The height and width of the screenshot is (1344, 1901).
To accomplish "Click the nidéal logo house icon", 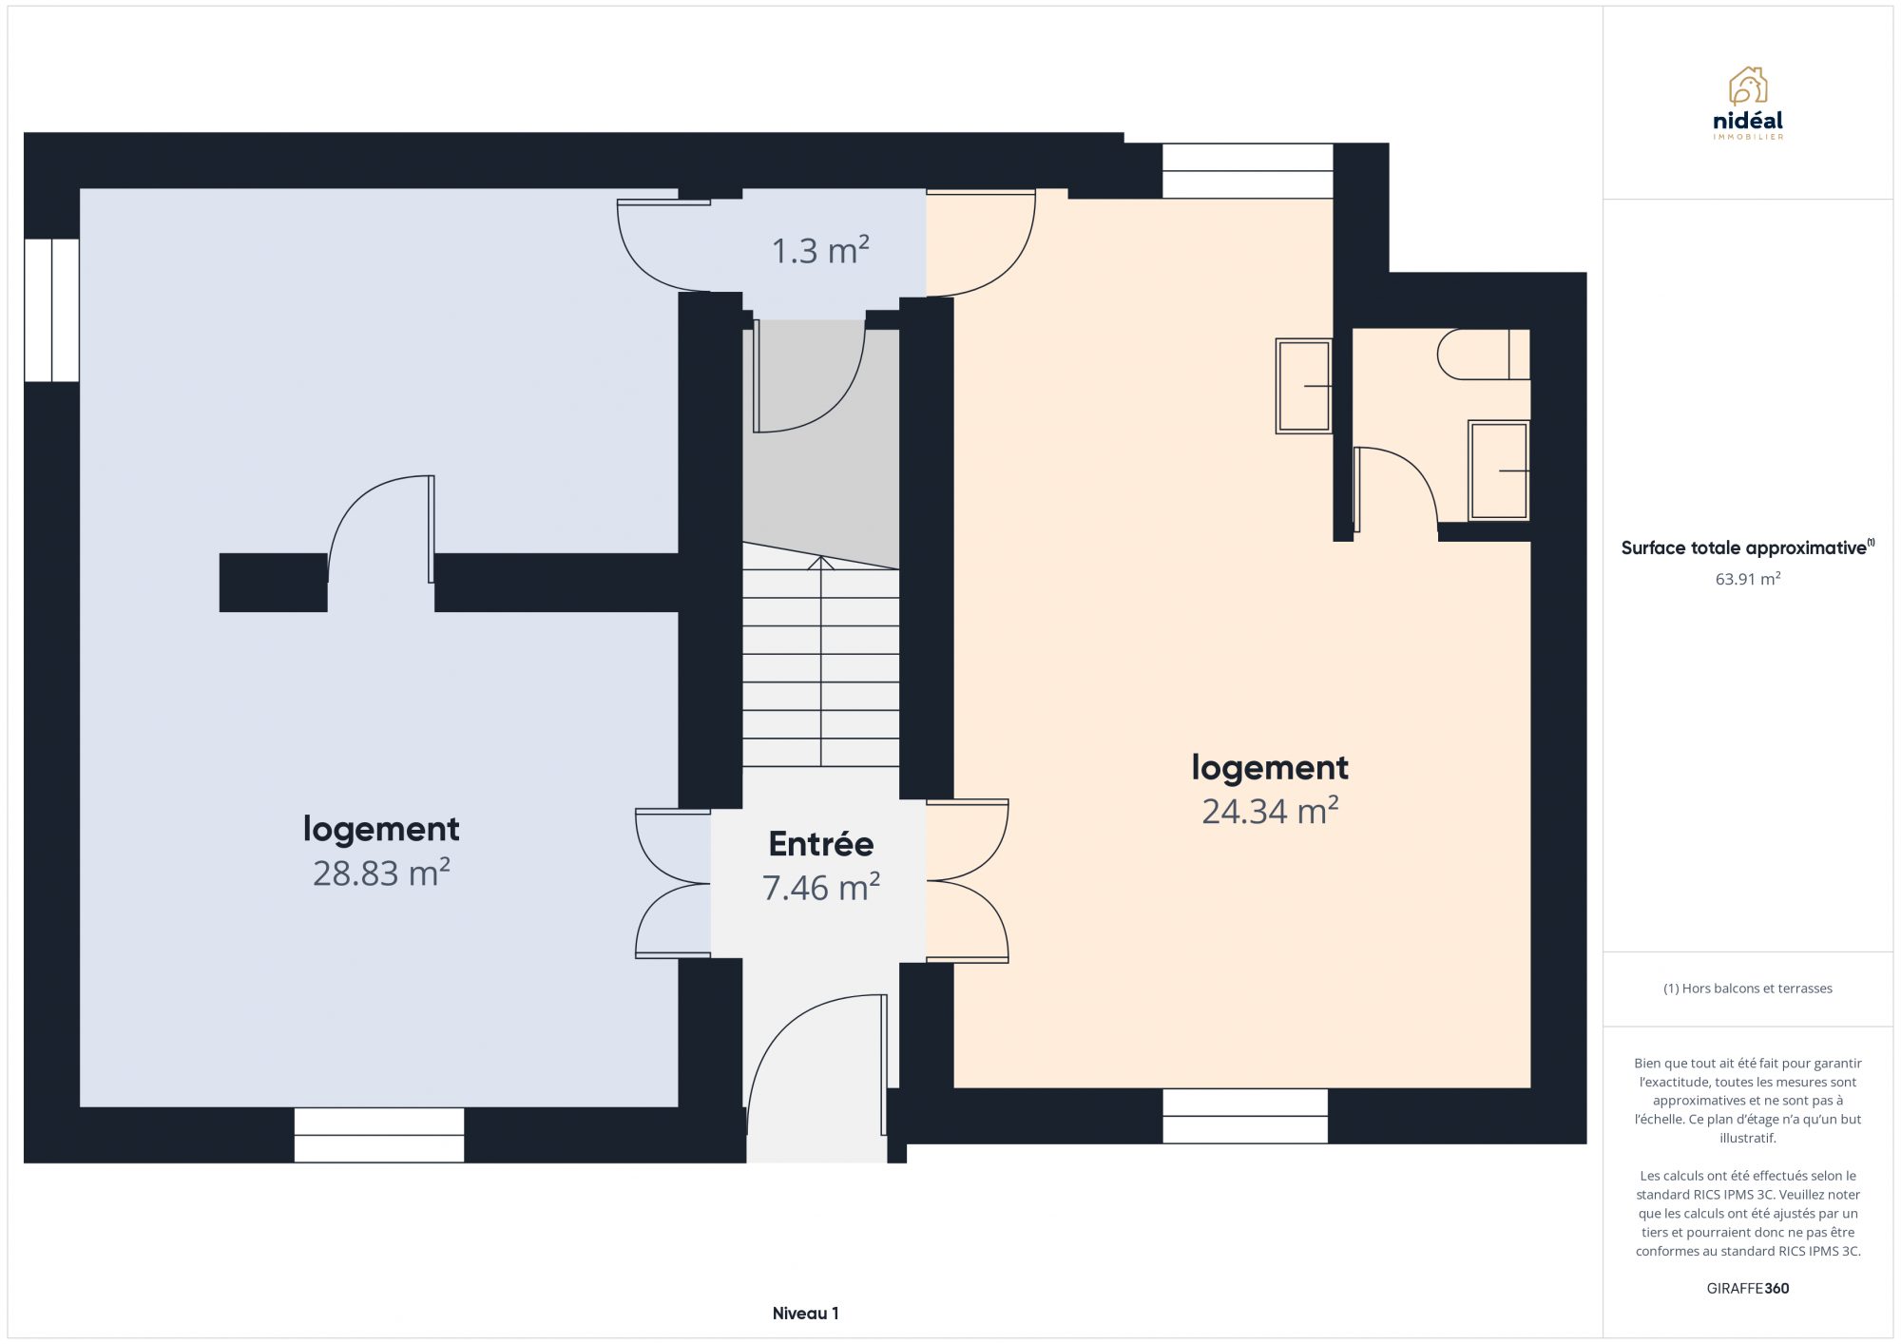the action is tap(1748, 86).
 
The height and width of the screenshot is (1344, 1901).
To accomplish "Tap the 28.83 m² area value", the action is tap(381, 873).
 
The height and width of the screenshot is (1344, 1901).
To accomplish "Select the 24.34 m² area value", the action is tap(1270, 811).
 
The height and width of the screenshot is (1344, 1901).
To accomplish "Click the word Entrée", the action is tap(821, 843).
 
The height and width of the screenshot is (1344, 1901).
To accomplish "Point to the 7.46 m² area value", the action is tap(821, 887).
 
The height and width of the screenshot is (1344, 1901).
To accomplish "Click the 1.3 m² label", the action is tap(820, 250).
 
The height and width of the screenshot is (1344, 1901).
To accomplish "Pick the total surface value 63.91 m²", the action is tap(1747, 579).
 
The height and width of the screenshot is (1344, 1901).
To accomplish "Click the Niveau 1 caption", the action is tap(805, 1313).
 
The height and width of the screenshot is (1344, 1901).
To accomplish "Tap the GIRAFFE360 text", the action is tap(1747, 1288).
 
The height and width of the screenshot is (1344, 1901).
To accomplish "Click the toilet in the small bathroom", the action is tap(1483, 355).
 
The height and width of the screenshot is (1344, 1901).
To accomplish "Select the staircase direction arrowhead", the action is tap(820, 563).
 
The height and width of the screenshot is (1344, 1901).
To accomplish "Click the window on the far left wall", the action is tap(51, 310).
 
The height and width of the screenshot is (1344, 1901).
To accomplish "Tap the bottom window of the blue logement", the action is tap(379, 1135).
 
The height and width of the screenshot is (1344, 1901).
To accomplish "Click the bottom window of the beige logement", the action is tap(1245, 1116).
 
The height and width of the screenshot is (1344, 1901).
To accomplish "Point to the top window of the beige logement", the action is tap(1248, 171).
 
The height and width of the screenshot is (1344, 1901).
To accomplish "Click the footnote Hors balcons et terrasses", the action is tap(1747, 989).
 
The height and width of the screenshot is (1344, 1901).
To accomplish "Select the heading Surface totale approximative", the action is tap(1743, 547).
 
